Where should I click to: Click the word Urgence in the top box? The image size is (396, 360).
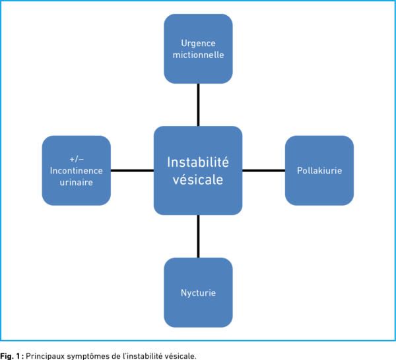(x=198, y=43)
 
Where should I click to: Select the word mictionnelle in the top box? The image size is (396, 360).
(x=198, y=55)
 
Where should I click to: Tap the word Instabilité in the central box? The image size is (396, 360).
(x=198, y=162)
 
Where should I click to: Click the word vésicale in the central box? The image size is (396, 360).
(x=198, y=179)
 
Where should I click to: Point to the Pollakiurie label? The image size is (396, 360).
(x=319, y=170)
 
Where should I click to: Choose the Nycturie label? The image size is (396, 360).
(x=198, y=292)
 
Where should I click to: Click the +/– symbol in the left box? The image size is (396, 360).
(x=77, y=159)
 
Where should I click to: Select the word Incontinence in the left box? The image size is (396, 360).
(x=77, y=171)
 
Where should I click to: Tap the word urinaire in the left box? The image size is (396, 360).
(x=77, y=183)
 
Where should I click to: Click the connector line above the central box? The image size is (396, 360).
(x=198, y=105)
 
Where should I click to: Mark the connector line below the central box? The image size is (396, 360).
(x=198, y=236)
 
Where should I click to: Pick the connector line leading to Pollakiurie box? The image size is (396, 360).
(x=263, y=170)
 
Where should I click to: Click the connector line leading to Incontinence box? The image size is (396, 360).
(x=132, y=170)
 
